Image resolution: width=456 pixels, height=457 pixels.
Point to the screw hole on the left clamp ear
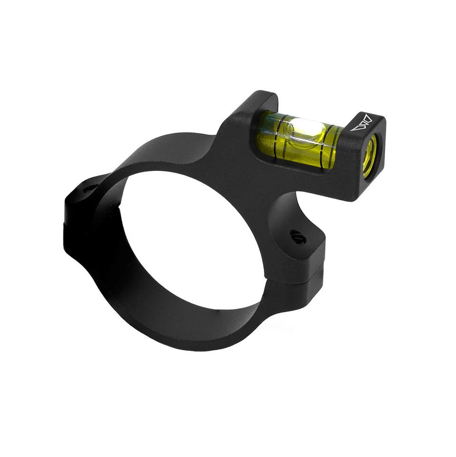point(90,189)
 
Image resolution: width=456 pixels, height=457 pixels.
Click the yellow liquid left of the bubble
point(266,136)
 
